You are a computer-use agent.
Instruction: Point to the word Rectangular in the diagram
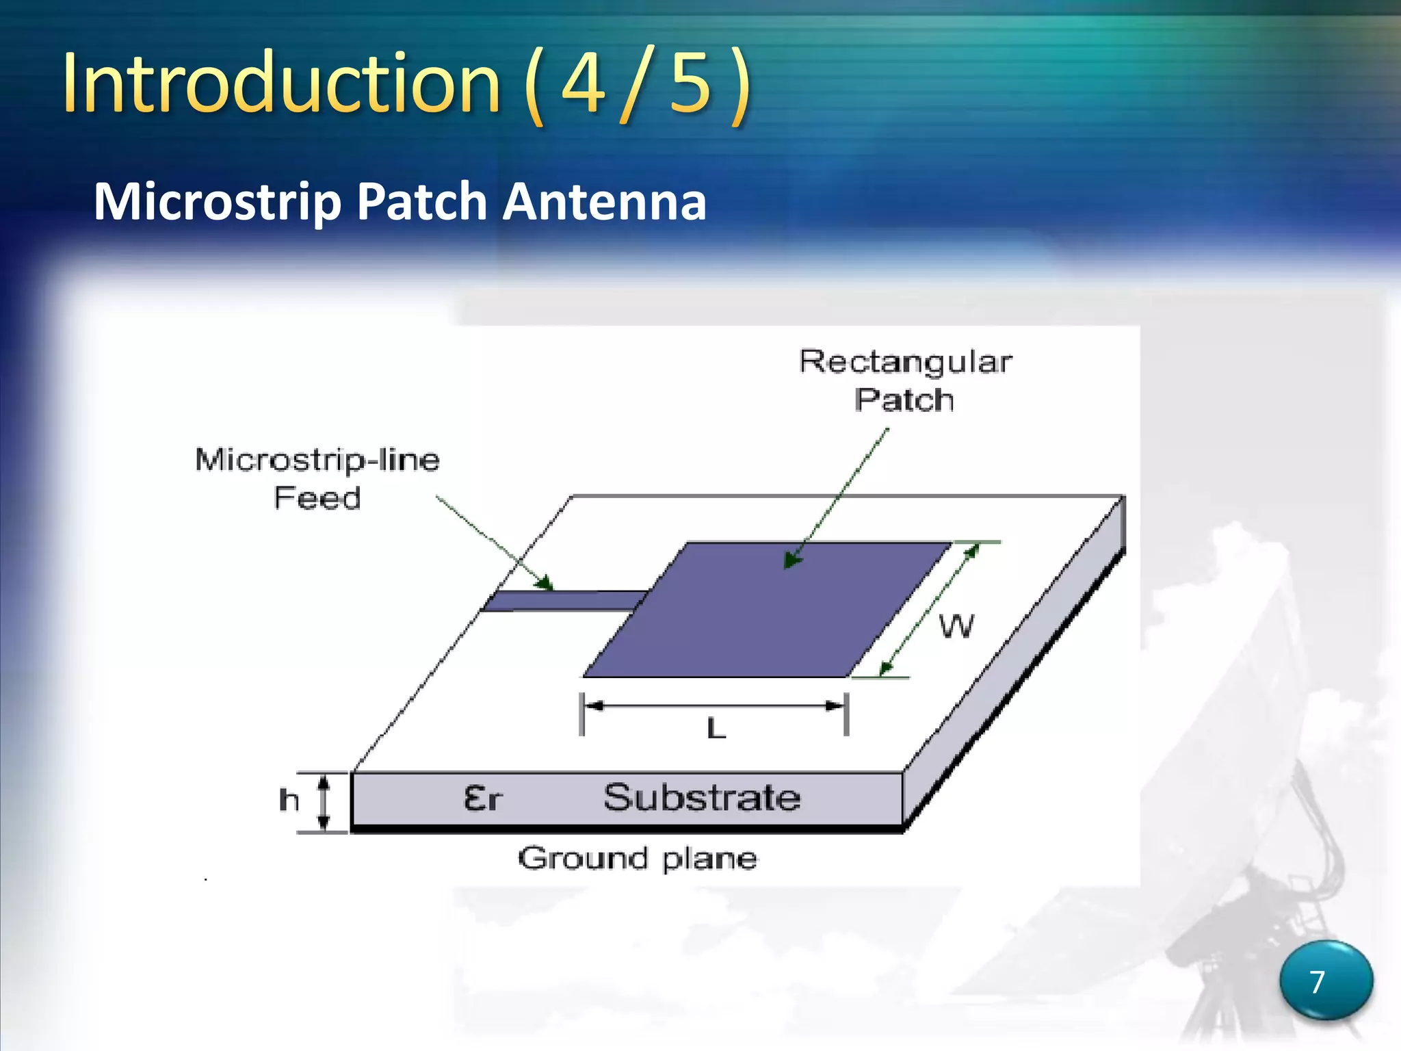tap(905, 362)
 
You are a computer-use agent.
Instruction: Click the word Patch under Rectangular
tap(904, 400)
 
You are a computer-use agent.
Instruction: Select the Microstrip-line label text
tap(317, 460)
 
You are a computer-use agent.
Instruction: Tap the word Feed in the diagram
tap(317, 498)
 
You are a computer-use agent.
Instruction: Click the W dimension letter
tap(956, 626)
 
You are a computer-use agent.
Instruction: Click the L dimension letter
tap(716, 728)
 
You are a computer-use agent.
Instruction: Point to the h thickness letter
tap(289, 799)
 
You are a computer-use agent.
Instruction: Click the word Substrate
tap(702, 798)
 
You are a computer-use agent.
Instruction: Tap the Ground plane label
tap(638, 858)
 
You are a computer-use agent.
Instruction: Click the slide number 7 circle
tap(1325, 981)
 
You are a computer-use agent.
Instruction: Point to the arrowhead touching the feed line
tap(545, 584)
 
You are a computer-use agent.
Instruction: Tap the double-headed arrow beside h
tap(325, 801)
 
